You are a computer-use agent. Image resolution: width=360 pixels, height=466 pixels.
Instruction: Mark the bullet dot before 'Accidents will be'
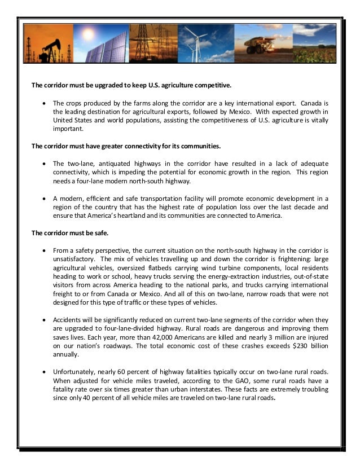point(45,319)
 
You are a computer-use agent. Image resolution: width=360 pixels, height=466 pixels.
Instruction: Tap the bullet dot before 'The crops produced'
point(45,104)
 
